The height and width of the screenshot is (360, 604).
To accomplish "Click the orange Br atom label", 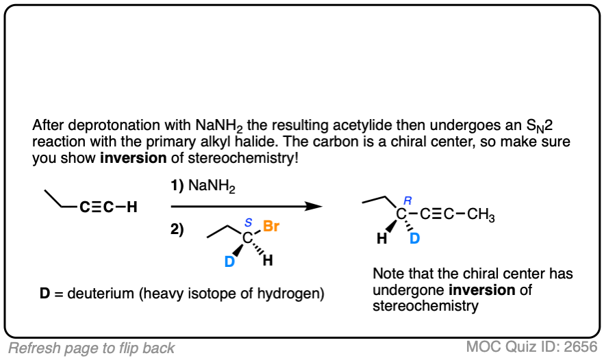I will point(271,227).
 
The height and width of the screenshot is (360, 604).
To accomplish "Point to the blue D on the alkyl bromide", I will point(230,261).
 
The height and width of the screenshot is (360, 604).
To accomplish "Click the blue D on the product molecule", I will point(414,239).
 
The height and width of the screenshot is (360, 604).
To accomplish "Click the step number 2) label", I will point(177,230).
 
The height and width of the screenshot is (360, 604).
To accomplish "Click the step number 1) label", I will point(177,185).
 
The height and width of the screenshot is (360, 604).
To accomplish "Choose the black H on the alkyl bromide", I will point(268,261).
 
